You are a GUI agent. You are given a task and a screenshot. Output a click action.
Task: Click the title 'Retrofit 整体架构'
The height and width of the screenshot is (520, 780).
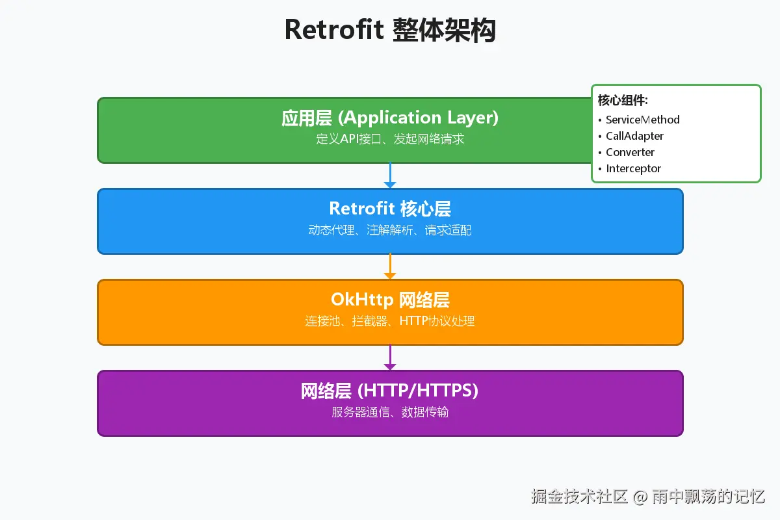click(x=390, y=31)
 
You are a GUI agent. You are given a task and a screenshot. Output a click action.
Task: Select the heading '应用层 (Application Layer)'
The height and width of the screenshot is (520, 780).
click(x=390, y=118)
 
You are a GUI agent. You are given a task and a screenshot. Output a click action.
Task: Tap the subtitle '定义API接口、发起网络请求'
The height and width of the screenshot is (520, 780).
click(x=390, y=139)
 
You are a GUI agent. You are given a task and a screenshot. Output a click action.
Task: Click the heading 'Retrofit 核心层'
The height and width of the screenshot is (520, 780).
click(x=390, y=209)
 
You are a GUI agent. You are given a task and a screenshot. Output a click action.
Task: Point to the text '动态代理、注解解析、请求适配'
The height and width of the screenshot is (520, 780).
click(x=390, y=230)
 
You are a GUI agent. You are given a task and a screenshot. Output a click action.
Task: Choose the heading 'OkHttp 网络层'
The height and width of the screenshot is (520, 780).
click(x=390, y=300)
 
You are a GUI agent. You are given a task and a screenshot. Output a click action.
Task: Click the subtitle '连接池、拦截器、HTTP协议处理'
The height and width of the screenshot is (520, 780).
click(x=390, y=321)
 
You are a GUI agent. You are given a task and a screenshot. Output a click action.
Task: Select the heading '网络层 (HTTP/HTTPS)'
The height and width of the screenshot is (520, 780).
click(x=390, y=391)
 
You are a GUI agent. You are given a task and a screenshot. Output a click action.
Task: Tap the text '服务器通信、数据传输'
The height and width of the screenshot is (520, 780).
click(x=390, y=412)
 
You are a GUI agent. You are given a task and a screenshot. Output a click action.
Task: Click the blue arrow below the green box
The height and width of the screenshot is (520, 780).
click(x=390, y=175)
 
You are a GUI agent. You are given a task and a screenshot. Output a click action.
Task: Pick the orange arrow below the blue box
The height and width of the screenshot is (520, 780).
click(x=390, y=266)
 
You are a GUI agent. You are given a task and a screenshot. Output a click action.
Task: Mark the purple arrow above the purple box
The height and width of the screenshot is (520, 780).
click(x=390, y=357)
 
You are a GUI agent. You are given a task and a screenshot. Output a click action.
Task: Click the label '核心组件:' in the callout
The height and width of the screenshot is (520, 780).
click(x=623, y=101)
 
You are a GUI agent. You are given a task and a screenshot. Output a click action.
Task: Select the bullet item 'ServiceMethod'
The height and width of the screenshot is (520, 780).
click(x=642, y=120)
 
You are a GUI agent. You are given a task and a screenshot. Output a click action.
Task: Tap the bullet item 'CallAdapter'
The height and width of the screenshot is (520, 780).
click(x=634, y=136)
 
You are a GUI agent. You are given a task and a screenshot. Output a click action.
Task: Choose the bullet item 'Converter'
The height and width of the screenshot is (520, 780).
click(x=630, y=152)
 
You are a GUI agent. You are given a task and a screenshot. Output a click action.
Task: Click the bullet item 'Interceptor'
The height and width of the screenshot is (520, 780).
click(x=633, y=168)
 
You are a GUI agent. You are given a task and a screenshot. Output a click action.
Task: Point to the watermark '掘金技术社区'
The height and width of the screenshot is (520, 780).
click(x=579, y=497)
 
